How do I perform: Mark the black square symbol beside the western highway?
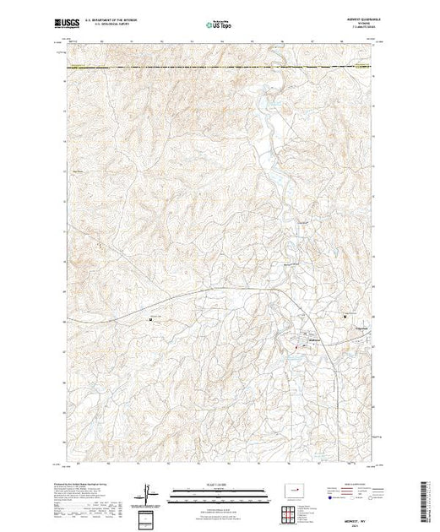point(151,319)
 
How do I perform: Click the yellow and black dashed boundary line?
point(220,66)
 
